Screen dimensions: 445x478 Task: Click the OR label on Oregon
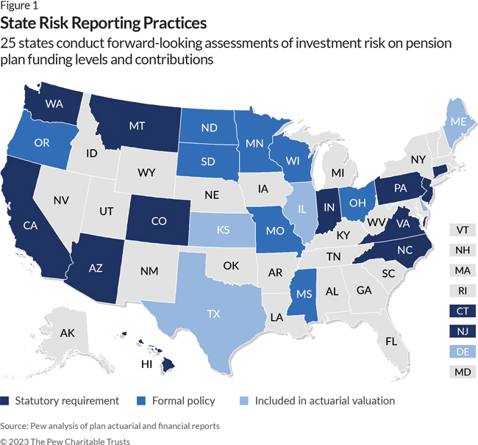tap(43, 142)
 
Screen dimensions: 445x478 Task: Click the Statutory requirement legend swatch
tap(6, 401)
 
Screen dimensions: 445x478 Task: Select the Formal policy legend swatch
tap(140, 401)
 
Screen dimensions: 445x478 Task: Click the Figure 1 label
tap(18, 6)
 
